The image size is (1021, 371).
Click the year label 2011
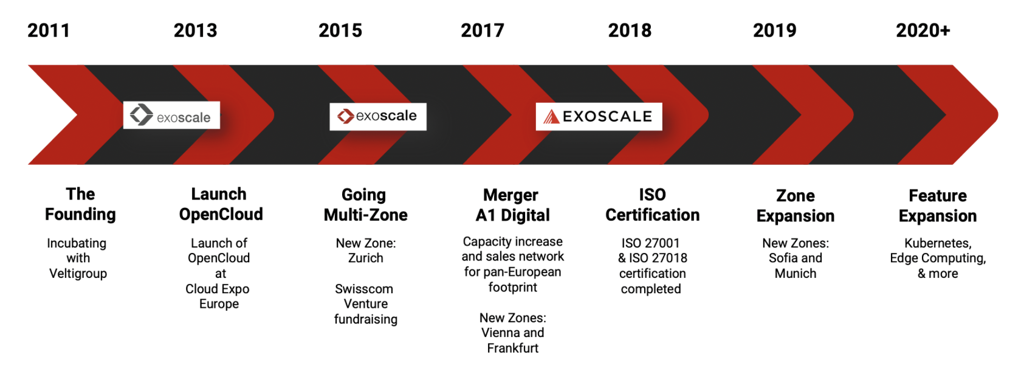coord(49,30)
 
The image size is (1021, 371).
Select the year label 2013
coord(196,30)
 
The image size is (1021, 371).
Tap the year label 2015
coord(340,30)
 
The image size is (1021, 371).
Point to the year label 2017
coord(483,30)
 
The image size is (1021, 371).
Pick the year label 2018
coord(630,30)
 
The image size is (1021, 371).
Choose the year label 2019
coord(774,30)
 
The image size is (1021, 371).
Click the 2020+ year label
coord(923,30)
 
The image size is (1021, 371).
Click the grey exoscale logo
coord(171,115)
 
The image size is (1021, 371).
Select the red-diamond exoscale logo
coord(378,116)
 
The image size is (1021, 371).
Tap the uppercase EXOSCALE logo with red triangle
coord(599,117)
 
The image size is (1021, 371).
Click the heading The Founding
coord(80,204)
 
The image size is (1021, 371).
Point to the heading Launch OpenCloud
coord(221,204)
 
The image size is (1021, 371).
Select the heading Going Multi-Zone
coord(366,205)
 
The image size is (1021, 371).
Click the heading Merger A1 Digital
coord(512,205)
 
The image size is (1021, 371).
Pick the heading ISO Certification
coord(652,205)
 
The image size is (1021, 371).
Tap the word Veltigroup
coord(78,273)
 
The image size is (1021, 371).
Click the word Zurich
coord(366,258)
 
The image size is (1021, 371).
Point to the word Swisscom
coord(363,289)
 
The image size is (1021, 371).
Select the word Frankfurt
coord(513,348)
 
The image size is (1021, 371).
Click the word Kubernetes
coord(938,243)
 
